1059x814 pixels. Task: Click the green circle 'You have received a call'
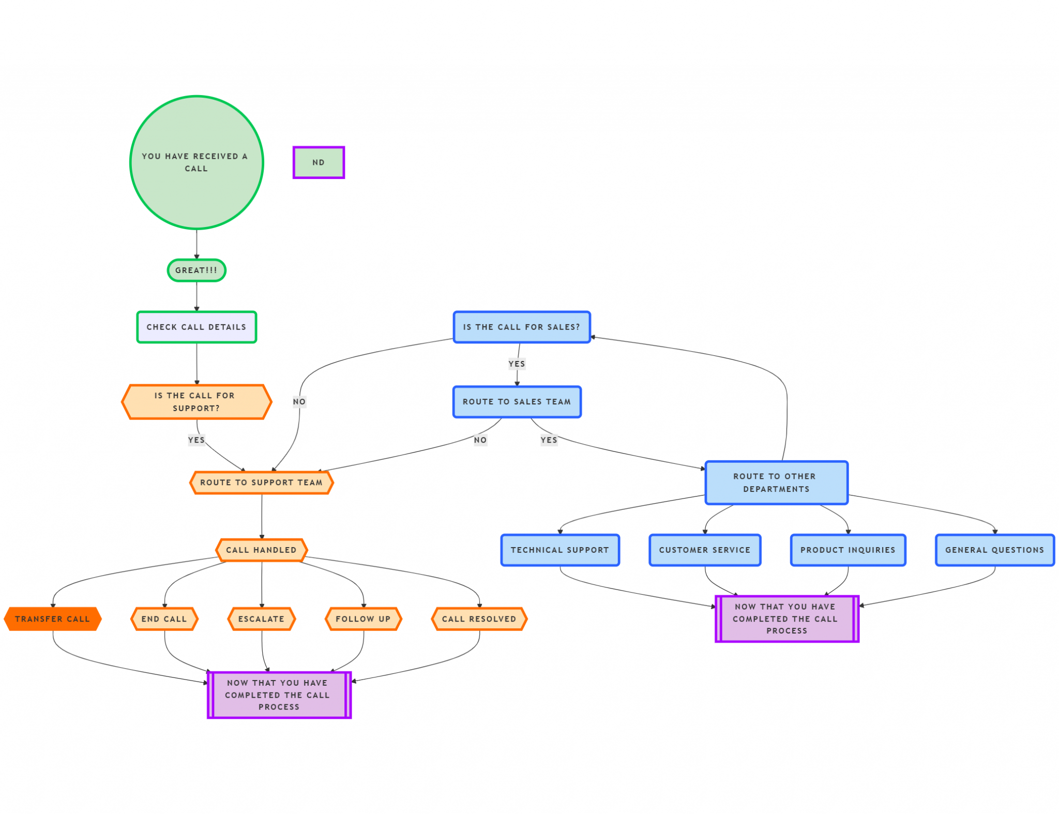pos(196,162)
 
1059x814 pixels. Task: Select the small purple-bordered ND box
pos(319,162)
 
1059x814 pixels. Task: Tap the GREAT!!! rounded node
pos(196,270)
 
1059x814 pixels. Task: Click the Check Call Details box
pos(196,327)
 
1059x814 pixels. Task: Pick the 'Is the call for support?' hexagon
pos(196,402)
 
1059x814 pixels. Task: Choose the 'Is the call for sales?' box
pos(521,327)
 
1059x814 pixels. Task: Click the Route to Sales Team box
pos(517,402)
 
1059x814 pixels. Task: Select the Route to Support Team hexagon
pos(261,483)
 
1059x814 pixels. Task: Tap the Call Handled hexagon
pos(261,550)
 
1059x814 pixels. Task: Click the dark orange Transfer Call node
pos(52,619)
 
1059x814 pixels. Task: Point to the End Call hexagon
pos(164,619)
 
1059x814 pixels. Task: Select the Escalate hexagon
pos(261,619)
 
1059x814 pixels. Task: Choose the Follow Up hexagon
pos(363,619)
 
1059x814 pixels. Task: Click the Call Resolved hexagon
pos(479,619)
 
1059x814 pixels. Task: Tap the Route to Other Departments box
pos(776,483)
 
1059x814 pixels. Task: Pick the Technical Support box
pos(560,550)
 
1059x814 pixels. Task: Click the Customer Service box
pos(705,550)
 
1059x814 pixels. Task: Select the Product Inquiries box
pos(848,550)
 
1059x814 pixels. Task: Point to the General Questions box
pos(994,550)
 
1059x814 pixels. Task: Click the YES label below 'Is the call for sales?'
pos(517,364)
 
